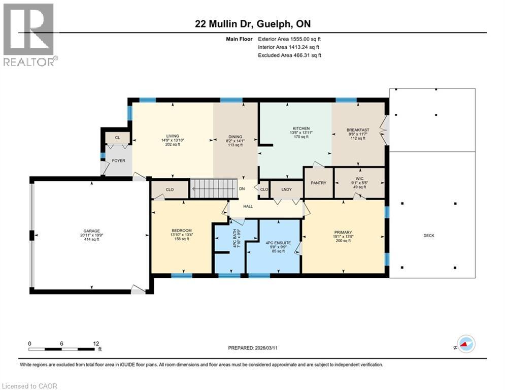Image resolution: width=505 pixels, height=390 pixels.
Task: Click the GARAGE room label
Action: click(x=91, y=231)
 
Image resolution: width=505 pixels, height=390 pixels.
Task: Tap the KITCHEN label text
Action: click(x=301, y=128)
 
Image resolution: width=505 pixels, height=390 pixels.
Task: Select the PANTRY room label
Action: click(x=319, y=183)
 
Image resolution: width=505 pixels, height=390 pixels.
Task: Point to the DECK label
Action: click(x=429, y=236)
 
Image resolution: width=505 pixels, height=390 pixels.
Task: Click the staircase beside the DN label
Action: click(x=214, y=188)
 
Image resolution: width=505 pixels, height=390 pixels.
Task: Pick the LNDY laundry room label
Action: click(x=286, y=189)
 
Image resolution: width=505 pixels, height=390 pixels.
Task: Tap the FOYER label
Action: click(x=119, y=160)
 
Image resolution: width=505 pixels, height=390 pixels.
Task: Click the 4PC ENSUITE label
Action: click(x=278, y=243)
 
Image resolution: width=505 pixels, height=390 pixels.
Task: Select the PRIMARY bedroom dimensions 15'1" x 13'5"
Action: click(x=343, y=236)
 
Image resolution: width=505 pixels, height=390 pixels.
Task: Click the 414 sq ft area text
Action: click(x=91, y=239)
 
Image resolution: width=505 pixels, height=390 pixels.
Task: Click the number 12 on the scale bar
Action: click(x=96, y=344)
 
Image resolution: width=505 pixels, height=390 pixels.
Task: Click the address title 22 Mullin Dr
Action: click(x=224, y=24)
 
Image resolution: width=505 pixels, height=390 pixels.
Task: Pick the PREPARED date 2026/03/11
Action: click(x=266, y=348)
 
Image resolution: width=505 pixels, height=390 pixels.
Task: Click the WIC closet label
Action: click(x=360, y=179)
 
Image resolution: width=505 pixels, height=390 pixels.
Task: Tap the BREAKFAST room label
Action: click(x=358, y=130)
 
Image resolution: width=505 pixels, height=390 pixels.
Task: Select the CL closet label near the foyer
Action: click(x=118, y=138)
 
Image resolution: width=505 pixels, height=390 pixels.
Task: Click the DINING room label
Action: click(x=235, y=137)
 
